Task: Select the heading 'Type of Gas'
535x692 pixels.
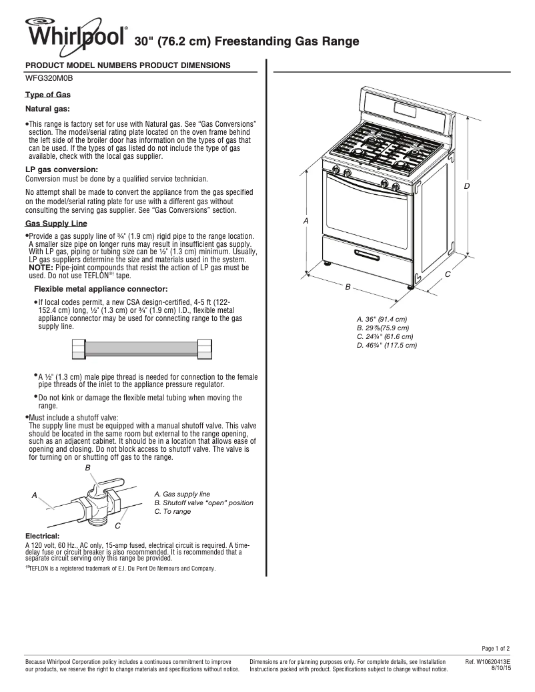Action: click(x=48, y=95)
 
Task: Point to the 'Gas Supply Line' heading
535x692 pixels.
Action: click(x=56, y=223)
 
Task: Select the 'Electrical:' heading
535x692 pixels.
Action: click(x=42, y=536)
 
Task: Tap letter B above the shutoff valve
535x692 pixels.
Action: click(x=87, y=469)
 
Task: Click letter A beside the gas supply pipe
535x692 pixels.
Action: click(x=34, y=495)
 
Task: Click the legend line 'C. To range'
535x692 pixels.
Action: click(x=172, y=511)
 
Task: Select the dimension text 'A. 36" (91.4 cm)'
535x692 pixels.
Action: click(x=382, y=319)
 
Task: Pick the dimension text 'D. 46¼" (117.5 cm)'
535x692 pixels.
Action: click(x=386, y=345)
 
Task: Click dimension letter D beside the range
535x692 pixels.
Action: click(x=468, y=186)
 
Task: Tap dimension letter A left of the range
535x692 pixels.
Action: click(x=306, y=220)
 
